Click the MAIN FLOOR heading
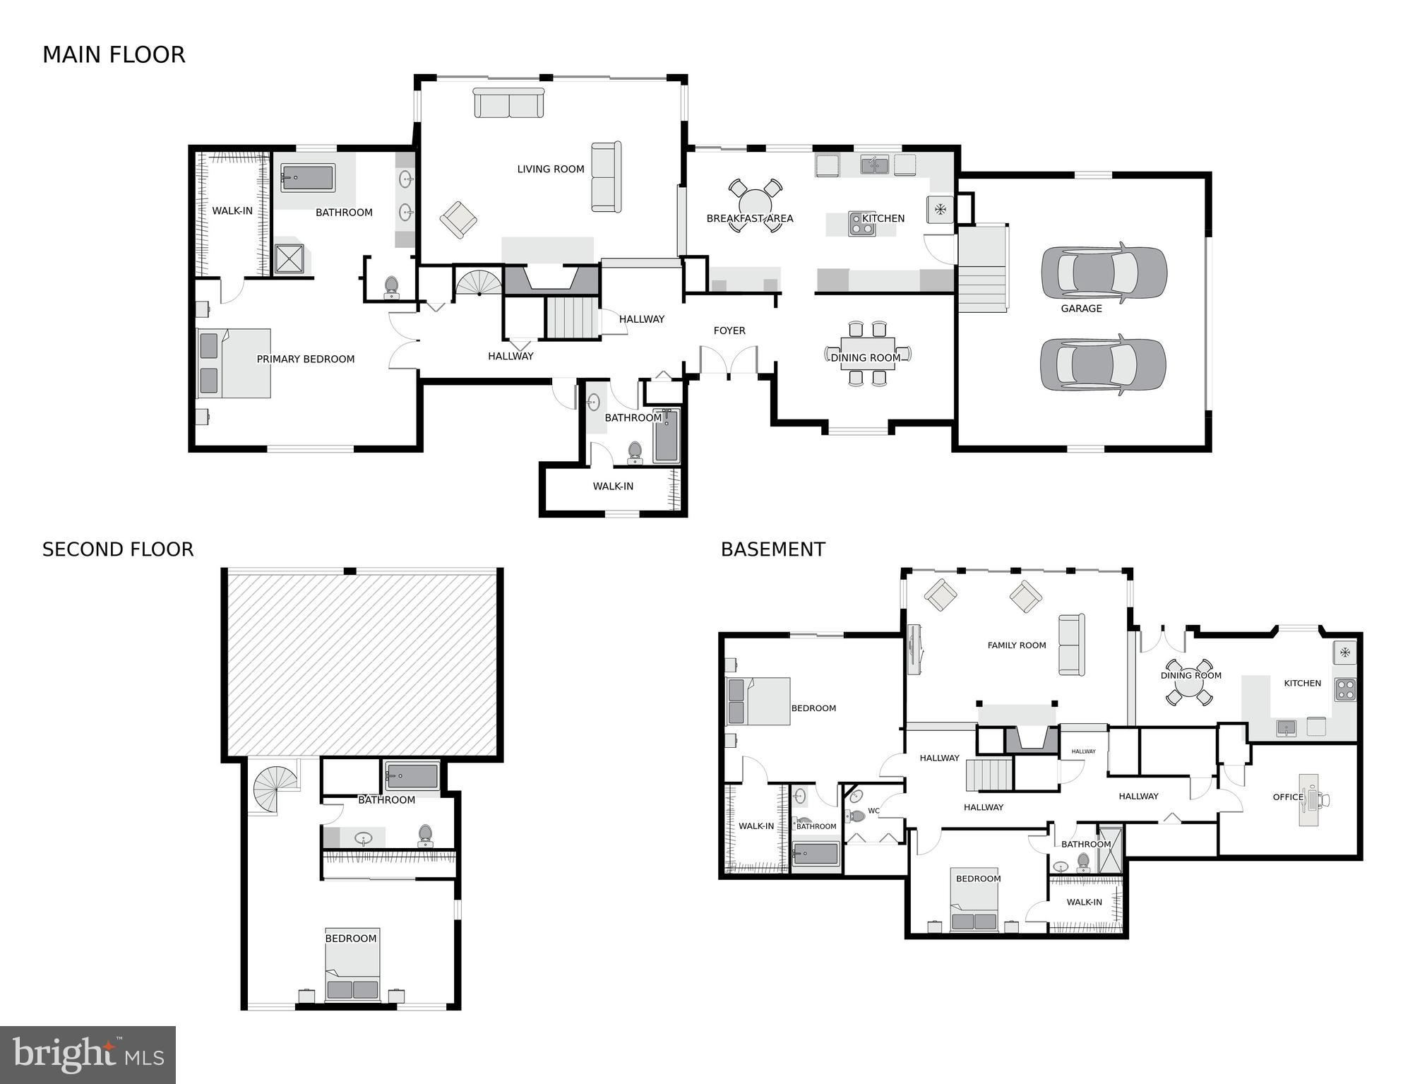114,55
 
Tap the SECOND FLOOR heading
118,549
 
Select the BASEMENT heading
772,549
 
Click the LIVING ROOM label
550,169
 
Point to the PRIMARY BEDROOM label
305,359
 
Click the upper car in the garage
1104,273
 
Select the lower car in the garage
1102,364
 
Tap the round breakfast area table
755,206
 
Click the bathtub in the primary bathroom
307,178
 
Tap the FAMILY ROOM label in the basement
1016,645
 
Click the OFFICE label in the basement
1287,797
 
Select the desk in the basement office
1309,800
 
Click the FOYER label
729,330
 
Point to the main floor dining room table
867,353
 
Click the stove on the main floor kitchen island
861,224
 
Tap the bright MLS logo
88,1054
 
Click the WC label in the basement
873,811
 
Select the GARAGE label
1081,309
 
